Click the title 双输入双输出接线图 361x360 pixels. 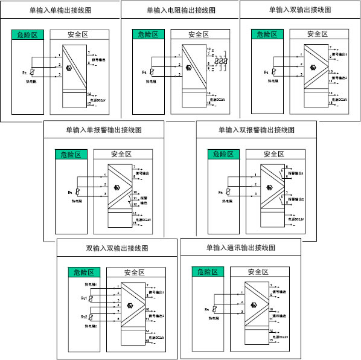[117, 248]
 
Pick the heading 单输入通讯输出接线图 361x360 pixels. [240, 248]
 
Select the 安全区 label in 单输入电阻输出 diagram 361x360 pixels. [197, 35]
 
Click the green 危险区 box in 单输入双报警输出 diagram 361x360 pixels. [223, 154]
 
